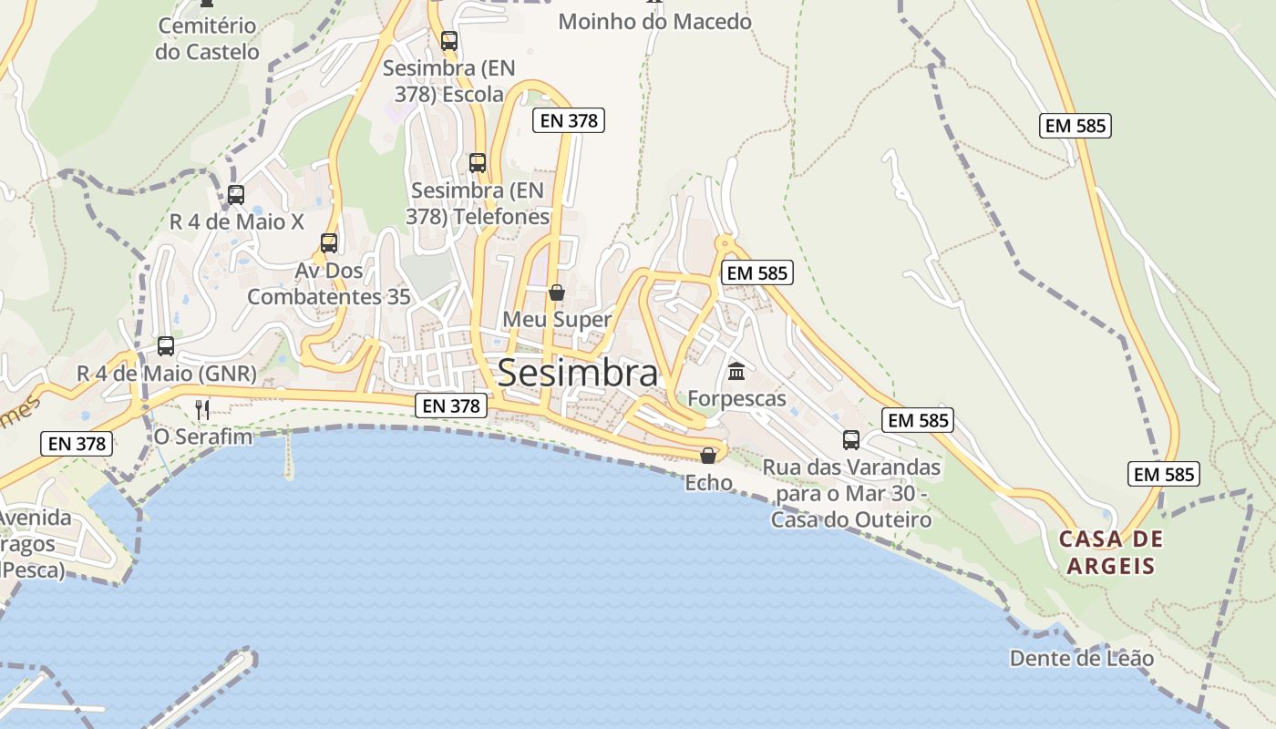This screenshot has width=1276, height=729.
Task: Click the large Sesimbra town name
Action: pyautogui.click(x=578, y=374)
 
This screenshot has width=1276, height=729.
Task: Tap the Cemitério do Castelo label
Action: pyautogui.click(x=207, y=38)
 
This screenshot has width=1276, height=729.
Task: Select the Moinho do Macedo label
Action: pyautogui.click(x=654, y=21)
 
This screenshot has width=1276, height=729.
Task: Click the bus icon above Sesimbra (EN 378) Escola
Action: pyautogui.click(x=448, y=40)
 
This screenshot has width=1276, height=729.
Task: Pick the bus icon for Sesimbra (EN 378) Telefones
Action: pyautogui.click(x=478, y=163)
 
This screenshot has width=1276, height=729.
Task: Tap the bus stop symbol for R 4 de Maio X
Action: pyautogui.click(x=236, y=194)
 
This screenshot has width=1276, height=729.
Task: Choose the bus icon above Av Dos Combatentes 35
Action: pyautogui.click(x=329, y=243)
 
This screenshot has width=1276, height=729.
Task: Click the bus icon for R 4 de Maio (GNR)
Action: pyautogui.click(x=166, y=346)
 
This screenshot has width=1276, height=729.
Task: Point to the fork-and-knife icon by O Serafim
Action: pyautogui.click(x=202, y=409)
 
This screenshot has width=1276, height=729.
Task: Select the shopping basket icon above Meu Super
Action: pyautogui.click(x=557, y=293)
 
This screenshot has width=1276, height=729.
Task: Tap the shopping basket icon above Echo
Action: pyautogui.click(x=708, y=455)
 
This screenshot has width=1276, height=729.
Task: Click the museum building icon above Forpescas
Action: pyautogui.click(x=736, y=371)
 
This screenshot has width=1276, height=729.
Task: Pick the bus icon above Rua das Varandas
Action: pyautogui.click(x=851, y=440)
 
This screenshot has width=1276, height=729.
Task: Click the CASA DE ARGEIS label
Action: pyautogui.click(x=1111, y=552)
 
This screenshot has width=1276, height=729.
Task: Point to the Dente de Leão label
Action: pyautogui.click(x=1081, y=658)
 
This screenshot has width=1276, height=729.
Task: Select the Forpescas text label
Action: pyautogui.click(x=736, y=398)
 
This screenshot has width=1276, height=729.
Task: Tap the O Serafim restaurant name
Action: pyautogui.click(x=202, y=436)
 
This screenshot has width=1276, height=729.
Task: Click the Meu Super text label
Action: pyautogui.click(x=557, y=320)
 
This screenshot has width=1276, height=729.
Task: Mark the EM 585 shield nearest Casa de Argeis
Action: pyautogui.click(x=1163, y=474)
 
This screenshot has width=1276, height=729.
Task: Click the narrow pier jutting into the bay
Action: pyautogui.click(x=289, y=456)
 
